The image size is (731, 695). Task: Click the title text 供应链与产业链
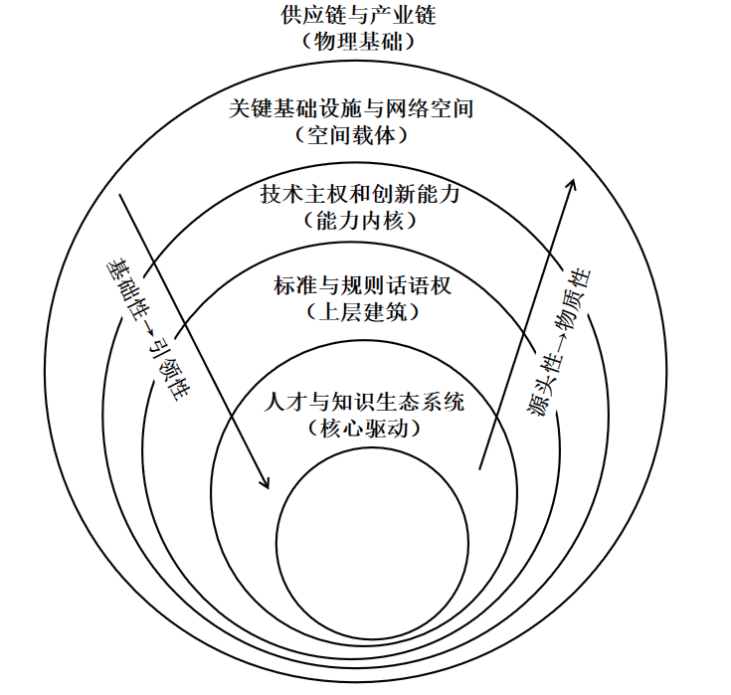358,15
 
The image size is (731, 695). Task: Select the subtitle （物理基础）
358,42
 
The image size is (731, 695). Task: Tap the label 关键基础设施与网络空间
351,108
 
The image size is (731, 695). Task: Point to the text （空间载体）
351,135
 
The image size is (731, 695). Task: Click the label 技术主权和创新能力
360,194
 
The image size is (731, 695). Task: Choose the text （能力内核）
360,221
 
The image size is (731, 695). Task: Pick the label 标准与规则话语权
362,284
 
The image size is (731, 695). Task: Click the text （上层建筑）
362,312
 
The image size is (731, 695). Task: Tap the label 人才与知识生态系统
364,402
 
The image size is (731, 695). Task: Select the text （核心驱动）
364,429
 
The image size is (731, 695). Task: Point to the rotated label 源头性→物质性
559,342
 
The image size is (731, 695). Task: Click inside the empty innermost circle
372,543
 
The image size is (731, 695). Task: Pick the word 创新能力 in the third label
416,194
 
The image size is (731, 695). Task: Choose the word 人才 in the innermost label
285,402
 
